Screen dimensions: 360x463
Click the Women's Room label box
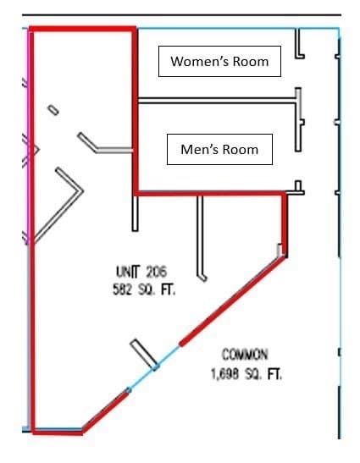tap(219, 62)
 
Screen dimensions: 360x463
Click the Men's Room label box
tap(219, 150)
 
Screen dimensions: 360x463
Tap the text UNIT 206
tap(141, 272)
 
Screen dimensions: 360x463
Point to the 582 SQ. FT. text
tap(144, 289)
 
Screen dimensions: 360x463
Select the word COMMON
tap(245, 355)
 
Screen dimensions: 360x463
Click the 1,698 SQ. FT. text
tap(246, 374)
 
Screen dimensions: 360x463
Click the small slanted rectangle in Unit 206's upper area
tap(53, 110)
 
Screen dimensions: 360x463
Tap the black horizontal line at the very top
tap(182, 14)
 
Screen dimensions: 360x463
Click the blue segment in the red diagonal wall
tap(154, 367)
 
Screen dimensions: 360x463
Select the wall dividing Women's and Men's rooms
tap(217, 101)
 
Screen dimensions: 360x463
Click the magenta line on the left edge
tap(29, 135)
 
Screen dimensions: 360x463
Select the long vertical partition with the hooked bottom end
tap(200, 236)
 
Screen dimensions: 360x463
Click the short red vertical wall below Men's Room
tap(284, 225)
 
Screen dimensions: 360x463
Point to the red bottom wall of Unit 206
tap(58, 432)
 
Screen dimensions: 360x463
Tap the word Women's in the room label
tap(200, 61)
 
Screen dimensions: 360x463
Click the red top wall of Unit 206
tap(83, 29)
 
